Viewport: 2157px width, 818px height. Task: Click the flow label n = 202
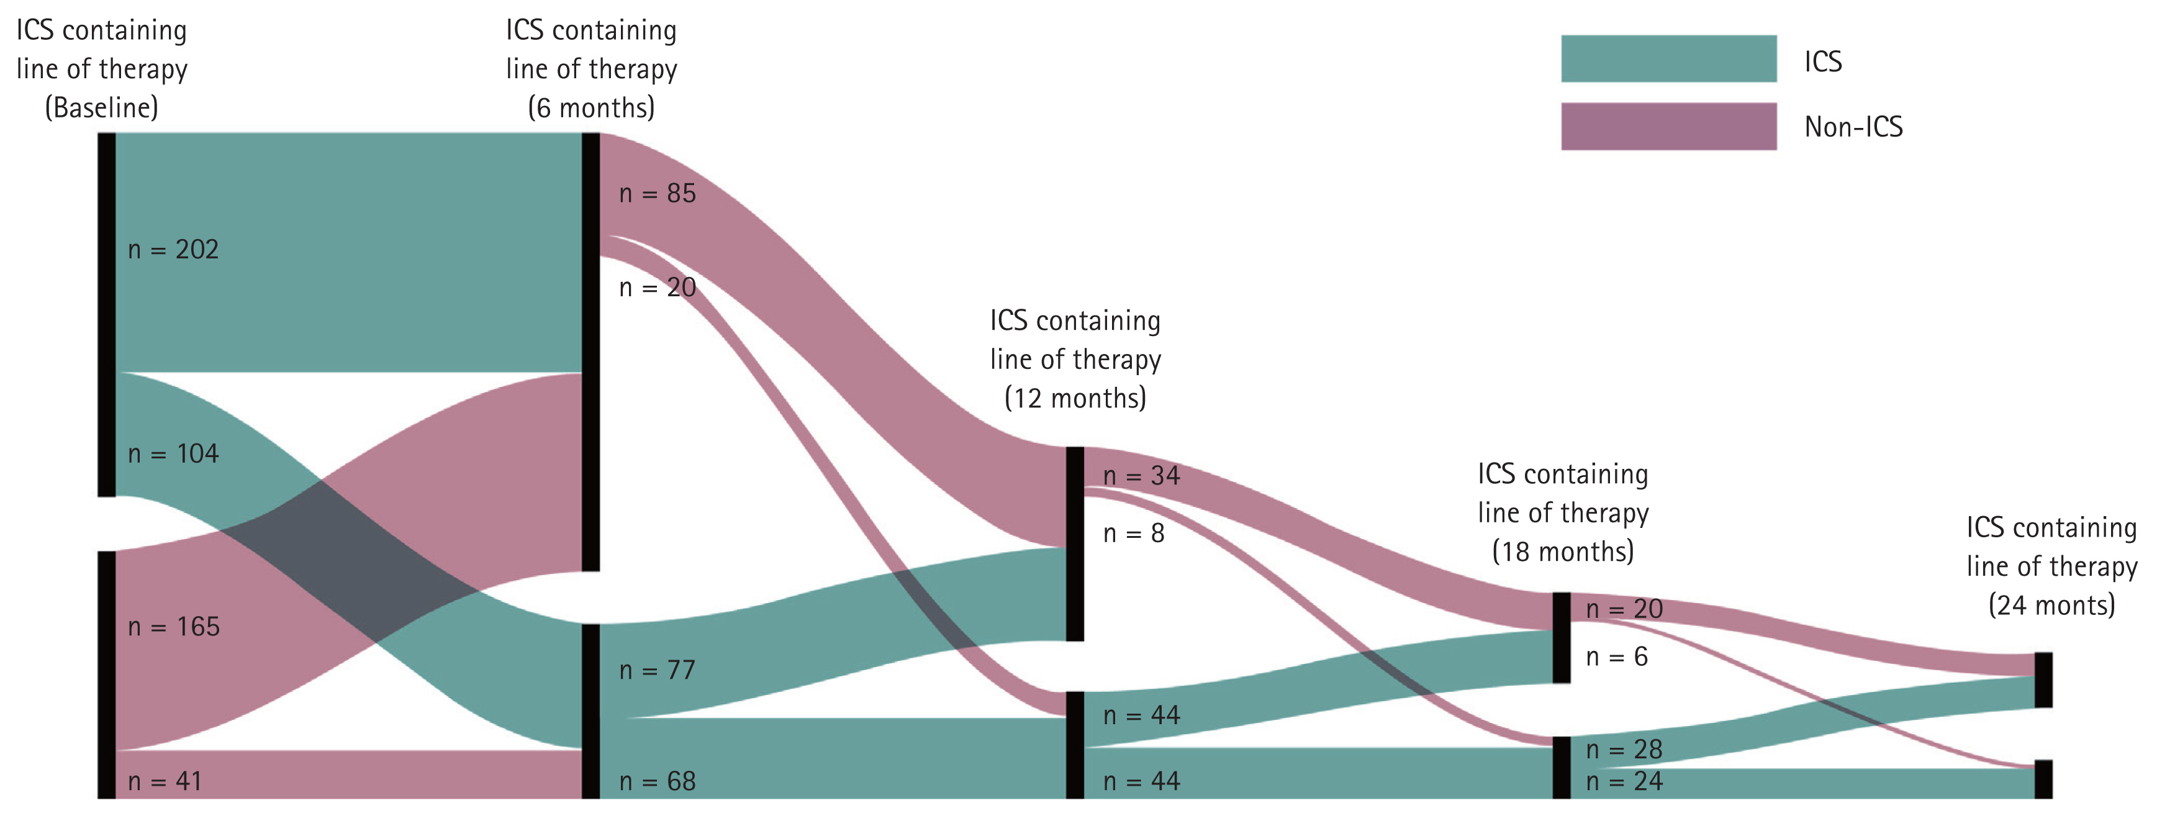(x=173, y=250)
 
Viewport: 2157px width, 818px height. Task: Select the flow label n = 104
(x=173, y=454)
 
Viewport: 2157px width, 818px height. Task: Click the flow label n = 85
(x=658, y=193)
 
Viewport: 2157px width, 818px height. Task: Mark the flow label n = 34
(x=1141, y=476)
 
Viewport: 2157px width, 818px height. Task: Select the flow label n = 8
(x=1134, y=534)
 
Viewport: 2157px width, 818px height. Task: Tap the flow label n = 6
(x=1617, y=657)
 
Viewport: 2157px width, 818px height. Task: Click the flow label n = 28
(x=1624, y=749)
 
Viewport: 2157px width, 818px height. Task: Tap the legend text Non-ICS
(x=1853, y=127)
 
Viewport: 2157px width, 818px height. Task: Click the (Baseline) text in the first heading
(x=101, y=108)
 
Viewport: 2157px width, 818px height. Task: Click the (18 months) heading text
(x=1562, y=552)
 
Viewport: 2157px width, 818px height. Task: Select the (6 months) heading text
(x=591, y=108)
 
